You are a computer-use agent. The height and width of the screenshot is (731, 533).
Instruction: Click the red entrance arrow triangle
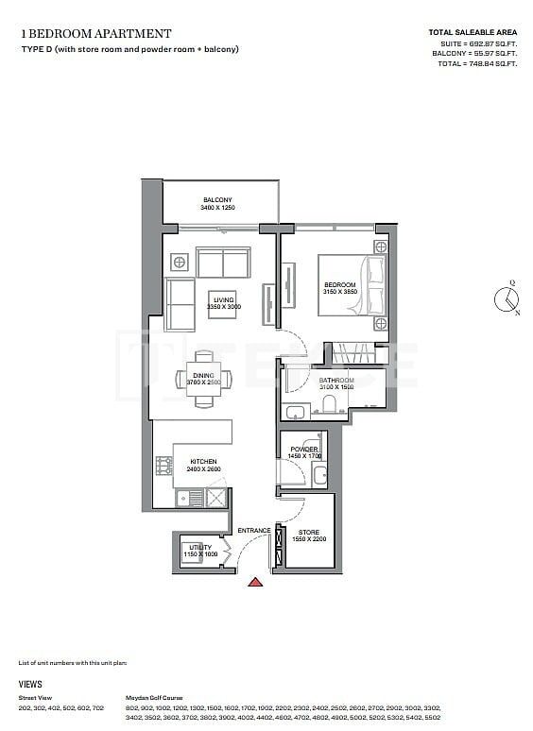[254, 583]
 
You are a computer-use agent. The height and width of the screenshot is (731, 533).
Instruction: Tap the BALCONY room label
[217, 199]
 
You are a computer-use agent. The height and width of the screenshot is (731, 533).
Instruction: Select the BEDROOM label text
[339, 285]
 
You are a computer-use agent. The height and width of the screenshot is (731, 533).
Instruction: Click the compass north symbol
[507, 298]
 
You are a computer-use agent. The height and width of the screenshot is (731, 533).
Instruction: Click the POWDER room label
[303, 449]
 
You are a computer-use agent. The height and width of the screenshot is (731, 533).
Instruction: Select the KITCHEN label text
[203, 462]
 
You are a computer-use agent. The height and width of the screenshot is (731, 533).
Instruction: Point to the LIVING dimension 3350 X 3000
[224, 307]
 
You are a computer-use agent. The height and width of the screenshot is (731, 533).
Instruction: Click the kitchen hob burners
[162, 466]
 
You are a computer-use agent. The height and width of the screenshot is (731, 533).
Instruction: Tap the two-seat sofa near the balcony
[223, 262]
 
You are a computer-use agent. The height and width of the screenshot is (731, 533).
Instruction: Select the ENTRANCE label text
[254, 531]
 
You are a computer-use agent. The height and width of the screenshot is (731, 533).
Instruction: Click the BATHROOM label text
[335, 380]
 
